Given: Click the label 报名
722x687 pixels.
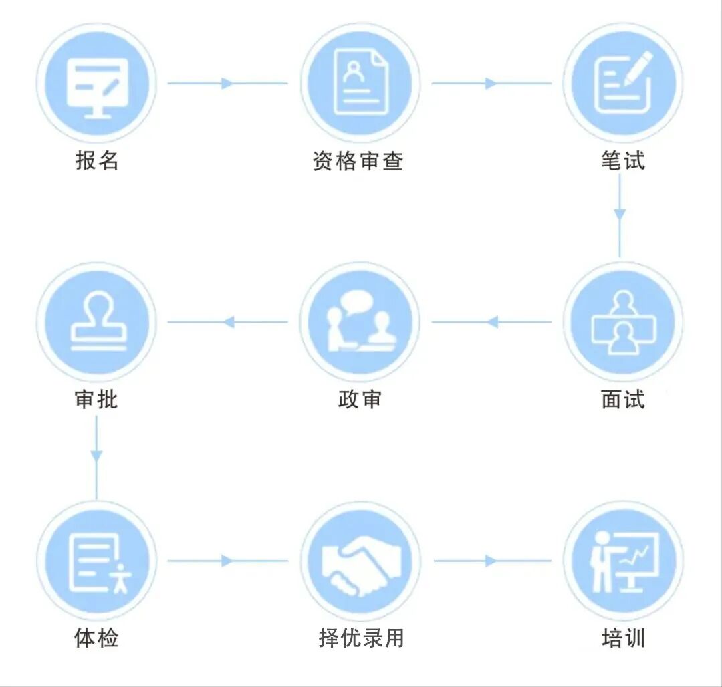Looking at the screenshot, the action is [97, 161].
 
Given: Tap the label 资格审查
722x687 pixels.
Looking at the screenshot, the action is [358, 161].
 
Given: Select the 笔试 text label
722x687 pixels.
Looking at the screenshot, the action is [622, 161].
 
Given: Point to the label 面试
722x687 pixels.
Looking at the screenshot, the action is [622, 399].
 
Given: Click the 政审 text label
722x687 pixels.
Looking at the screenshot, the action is [360, 399].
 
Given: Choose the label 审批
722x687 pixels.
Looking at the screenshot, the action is [97, 399].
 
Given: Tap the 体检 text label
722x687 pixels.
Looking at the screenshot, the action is [97, 638].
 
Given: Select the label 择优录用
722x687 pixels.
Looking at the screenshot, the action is [361, 638].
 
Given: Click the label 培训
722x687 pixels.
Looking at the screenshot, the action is [623, 638].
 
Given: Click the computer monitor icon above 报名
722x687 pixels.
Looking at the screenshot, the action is [97, 88].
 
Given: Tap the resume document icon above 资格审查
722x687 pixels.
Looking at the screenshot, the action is [360, 82].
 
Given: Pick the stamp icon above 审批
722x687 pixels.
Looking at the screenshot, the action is [98, 321].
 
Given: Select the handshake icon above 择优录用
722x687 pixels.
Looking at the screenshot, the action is [362, 565].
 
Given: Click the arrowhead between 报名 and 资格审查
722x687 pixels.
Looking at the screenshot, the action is [227, 84].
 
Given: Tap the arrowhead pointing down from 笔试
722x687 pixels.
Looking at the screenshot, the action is [620, 215].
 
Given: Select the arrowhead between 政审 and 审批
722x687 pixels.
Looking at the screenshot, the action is [229, 322].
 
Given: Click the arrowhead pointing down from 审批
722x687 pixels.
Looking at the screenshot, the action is [96, 456].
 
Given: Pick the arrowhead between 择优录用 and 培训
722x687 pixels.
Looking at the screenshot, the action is [491, 561].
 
